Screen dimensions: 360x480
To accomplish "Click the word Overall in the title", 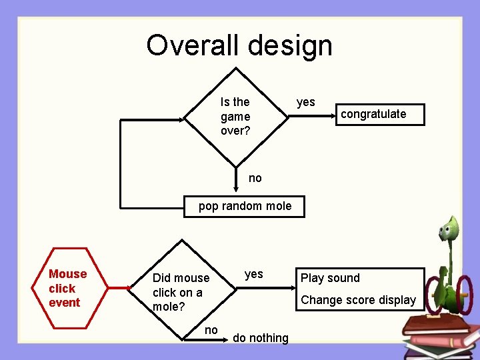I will point(194,45).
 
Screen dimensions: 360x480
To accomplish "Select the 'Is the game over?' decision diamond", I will point(235,117).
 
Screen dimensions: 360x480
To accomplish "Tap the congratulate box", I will point(373,114).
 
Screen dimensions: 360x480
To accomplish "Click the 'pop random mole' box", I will point(245,206).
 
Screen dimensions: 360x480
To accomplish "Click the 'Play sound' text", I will point(330,278).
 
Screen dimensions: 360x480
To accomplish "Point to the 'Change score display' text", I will point(358,300).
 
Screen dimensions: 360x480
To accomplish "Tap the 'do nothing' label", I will point(260,338).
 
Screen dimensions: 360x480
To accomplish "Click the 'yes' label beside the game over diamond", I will point(305,102).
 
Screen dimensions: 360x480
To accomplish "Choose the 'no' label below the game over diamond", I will point(255,178).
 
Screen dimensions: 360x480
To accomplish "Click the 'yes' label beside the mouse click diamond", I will point(253,274).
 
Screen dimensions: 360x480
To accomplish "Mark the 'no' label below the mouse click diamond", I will point(211,330).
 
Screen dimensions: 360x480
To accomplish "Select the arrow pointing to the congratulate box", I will point(313,117).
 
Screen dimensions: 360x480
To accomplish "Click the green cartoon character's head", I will point(448,230).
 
